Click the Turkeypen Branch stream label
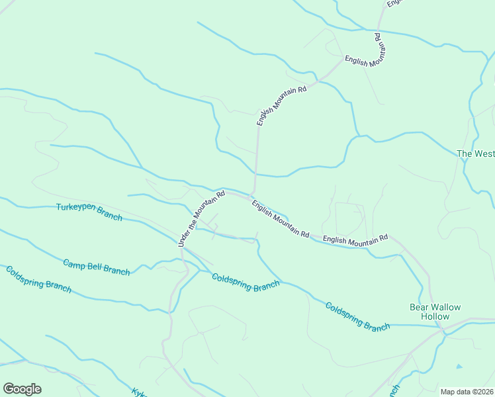(x=89, y=212)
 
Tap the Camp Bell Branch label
(x=96, y=267)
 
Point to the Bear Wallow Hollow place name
(x=435, y=312)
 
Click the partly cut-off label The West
(x=475, y=154)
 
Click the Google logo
(x=22, y=389)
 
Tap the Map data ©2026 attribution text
(x=467, y=392)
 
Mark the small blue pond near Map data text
(x=459, y=366)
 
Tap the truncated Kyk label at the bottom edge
(x=138, y=392)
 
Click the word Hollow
(x=435, y=316)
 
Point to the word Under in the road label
(x=183, y=240)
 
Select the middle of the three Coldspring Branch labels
(x=246, y=281)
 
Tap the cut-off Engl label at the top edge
(x=394, y=3)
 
